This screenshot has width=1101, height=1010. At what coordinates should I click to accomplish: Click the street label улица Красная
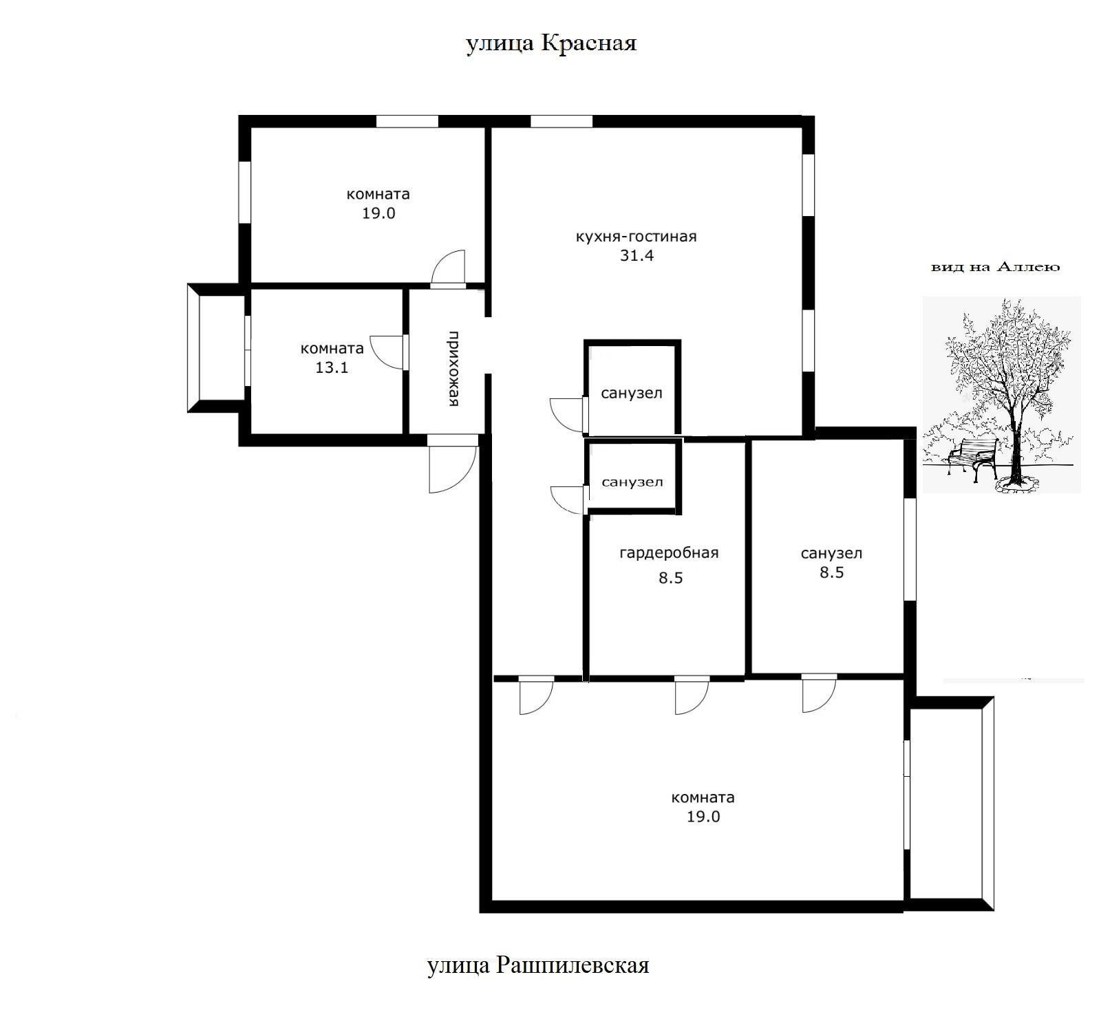(551, 44)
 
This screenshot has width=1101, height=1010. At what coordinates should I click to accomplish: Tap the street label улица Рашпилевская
(538, 965)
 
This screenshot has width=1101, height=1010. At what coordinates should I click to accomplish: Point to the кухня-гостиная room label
(636, 237)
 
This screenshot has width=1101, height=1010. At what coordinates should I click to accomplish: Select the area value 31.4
(637, 256)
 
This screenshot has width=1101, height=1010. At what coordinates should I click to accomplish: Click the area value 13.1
(332, 367)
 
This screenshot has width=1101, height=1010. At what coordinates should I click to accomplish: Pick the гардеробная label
(669, 553)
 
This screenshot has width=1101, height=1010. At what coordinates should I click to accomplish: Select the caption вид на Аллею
(995, 267)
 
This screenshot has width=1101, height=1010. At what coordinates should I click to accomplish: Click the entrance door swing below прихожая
(451, 466)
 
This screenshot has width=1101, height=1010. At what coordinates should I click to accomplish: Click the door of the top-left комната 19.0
(448, 268)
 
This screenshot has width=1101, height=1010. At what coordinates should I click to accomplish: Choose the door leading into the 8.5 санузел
(819, 695)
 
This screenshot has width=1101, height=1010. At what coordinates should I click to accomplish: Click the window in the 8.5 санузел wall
(910, 548)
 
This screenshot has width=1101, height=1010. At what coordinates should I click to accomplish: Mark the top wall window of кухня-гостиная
(562, 122)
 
